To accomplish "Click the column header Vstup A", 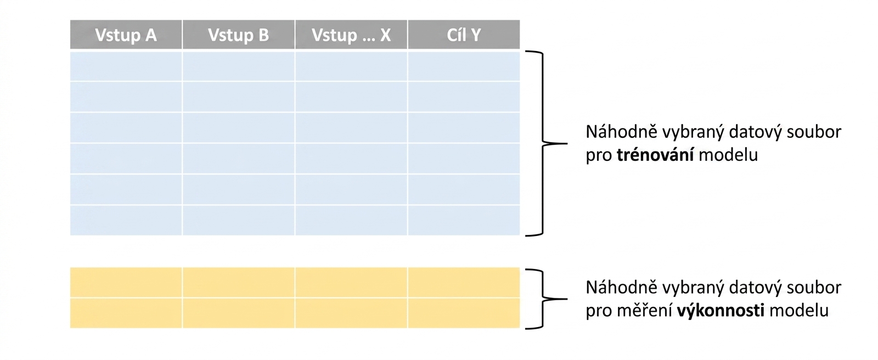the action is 126,35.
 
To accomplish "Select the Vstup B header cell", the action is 238,35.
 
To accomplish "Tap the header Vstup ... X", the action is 351,35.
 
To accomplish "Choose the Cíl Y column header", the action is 464,35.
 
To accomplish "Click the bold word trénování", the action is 655,155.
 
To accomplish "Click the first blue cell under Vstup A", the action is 126,66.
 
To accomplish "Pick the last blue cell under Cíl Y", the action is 464,221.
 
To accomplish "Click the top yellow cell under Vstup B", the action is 238,283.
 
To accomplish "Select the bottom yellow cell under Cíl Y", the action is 464,313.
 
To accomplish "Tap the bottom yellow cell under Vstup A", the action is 126,313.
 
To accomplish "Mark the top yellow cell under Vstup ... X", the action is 351,283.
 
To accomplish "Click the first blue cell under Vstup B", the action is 238,66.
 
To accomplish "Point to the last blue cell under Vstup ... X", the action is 351,221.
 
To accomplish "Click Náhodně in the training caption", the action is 621,132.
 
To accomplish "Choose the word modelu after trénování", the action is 728,155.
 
